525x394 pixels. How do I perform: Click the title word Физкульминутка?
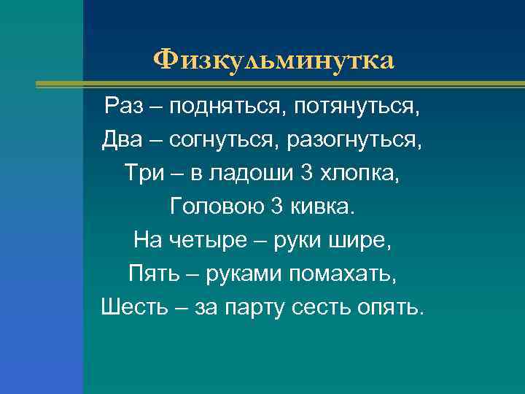(x=273, y=59)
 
